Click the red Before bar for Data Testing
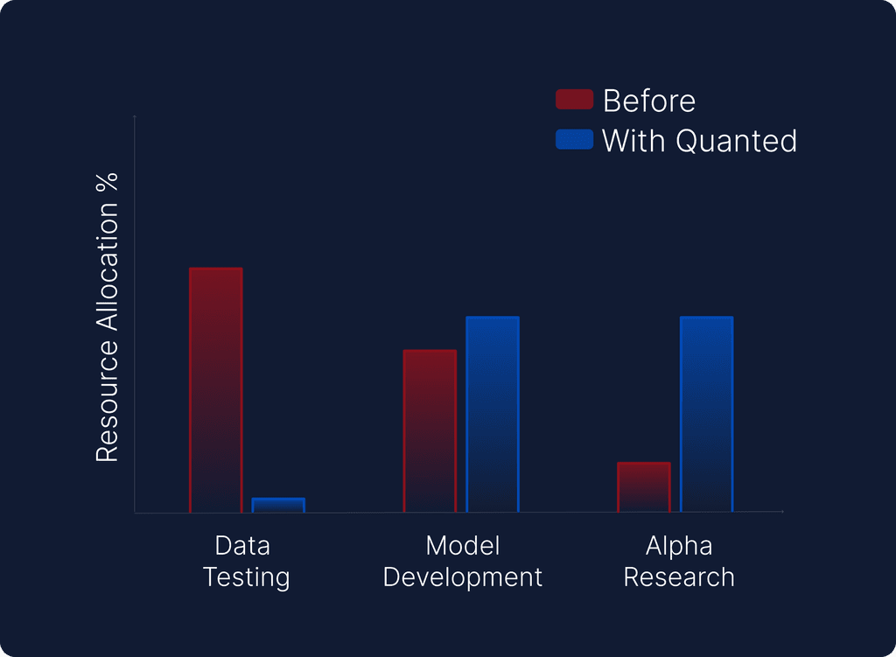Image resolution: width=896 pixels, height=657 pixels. coord(216,389)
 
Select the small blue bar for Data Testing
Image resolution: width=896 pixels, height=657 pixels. coord(278,505)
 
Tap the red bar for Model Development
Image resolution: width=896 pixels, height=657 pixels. coord(430,430)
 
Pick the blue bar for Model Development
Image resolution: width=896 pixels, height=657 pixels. coord(493,414)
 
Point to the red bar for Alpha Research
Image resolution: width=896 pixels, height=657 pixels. coord(644,486)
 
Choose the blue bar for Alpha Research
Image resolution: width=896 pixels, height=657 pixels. coord(706,414)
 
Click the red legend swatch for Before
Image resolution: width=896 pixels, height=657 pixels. coord(574,100)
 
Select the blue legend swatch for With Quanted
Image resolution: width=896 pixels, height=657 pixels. coord(574,139)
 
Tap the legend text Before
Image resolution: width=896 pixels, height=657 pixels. coord(649,101)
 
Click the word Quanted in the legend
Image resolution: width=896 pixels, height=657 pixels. coord(737,141)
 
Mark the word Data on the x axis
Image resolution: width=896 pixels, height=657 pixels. coord(242,546)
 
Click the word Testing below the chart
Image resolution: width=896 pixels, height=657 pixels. coord(246,577)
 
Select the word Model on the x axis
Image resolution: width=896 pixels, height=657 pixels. coord(463,546)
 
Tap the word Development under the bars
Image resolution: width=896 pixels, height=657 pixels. coord(463,577)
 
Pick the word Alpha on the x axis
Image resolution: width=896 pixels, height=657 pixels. coord(679,546)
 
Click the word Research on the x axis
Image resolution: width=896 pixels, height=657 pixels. coord(679,577)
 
